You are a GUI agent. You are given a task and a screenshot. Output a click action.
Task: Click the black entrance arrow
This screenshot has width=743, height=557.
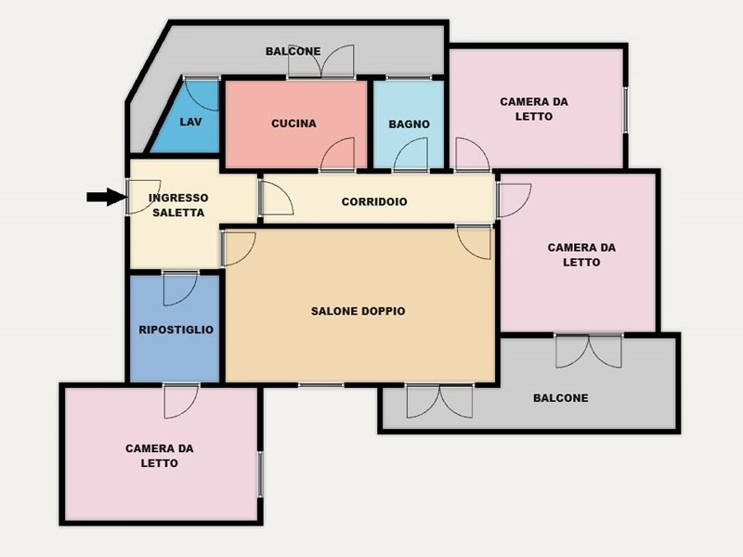point(107,197)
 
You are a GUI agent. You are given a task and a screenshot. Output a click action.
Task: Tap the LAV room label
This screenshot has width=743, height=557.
point(190,122)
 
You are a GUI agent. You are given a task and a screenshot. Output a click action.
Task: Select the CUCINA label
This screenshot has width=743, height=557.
point(293,123)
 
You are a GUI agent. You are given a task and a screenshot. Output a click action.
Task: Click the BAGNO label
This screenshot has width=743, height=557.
point(409,124)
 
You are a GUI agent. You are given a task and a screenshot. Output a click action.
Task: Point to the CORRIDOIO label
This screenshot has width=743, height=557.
point(374,201)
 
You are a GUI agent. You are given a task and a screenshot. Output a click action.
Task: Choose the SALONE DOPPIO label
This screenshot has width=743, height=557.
point(358,311)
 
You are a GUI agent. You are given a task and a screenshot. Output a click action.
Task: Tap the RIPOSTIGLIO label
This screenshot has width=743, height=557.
point(176,330)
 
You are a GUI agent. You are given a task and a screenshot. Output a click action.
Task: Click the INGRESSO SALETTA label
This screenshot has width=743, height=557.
point(178,205)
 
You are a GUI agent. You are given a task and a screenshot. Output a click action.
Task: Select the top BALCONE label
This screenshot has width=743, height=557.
point(293,51)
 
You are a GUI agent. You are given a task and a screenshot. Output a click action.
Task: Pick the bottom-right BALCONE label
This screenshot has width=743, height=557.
point(561,398)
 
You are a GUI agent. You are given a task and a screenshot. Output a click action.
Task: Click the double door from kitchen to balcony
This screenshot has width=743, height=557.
point(321,61)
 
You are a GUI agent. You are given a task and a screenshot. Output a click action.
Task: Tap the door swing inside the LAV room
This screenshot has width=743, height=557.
point(202,95)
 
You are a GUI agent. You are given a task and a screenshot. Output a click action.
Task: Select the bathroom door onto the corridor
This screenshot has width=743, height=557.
point(411,154)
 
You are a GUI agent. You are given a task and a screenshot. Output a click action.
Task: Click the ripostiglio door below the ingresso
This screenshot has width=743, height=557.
point(180,289)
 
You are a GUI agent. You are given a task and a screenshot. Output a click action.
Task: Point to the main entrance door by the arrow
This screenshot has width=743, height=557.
point(144,197)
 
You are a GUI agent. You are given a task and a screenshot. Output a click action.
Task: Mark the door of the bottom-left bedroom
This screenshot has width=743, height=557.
point(181,402)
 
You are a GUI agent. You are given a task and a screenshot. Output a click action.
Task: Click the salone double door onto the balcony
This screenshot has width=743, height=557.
point(439,401)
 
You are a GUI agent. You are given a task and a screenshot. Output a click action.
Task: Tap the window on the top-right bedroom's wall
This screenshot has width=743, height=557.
point(626,110)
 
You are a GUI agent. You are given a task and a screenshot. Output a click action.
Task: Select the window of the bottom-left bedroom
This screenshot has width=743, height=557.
point(260,474)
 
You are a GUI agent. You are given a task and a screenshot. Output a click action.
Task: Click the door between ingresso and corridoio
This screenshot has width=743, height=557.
point(276,198)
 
